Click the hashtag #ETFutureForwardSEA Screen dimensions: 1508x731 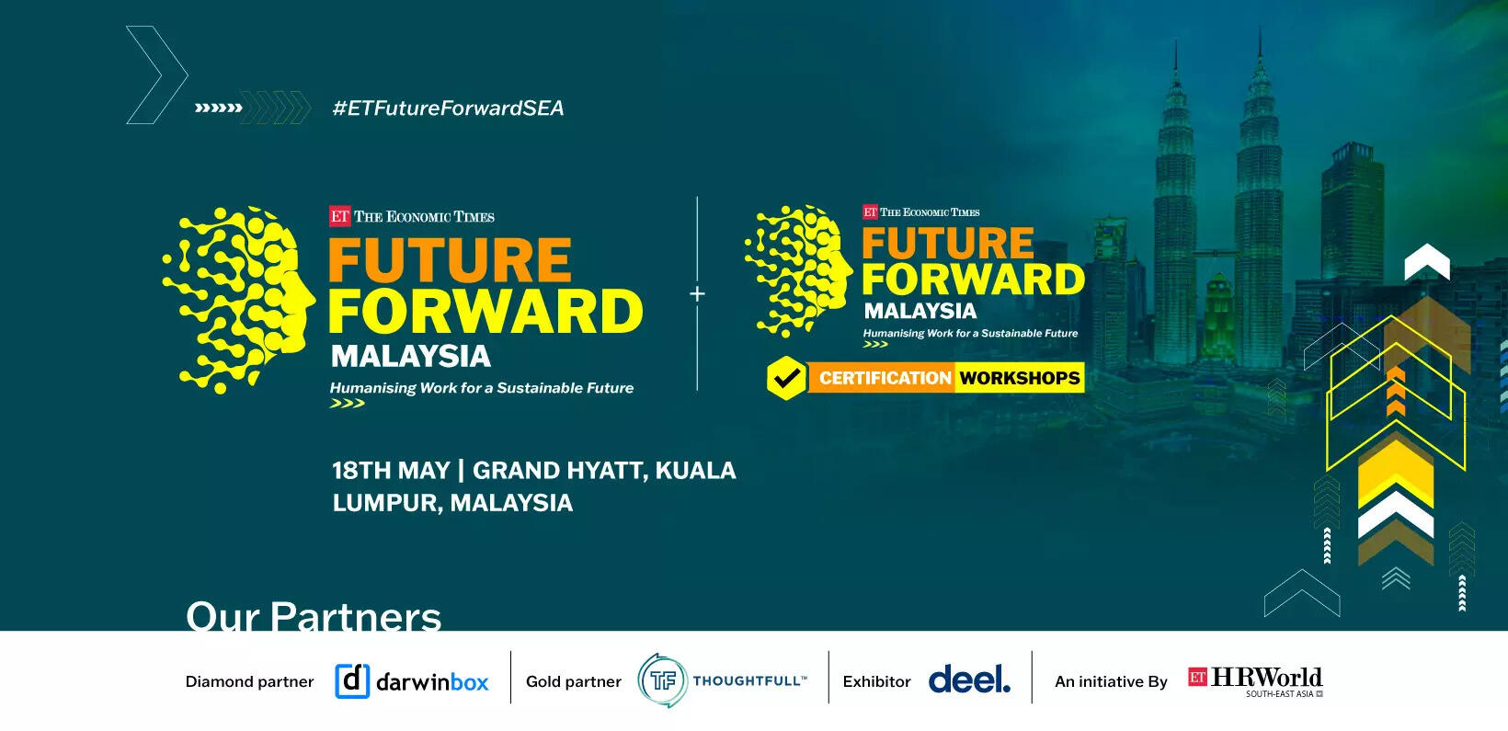point(448,109)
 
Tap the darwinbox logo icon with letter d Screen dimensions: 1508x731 point(352,681)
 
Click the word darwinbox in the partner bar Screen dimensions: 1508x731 point(432,682)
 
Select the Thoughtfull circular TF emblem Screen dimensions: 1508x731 point(663,680)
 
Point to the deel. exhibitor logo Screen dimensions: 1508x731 point(969,680)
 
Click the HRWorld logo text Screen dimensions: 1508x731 point(1266,677)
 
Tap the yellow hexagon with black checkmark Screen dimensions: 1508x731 point(785,378)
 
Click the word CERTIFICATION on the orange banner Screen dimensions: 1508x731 point(885,378)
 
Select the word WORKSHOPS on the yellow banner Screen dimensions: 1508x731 point(1019,378)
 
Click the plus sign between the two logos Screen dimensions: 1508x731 point(697,293)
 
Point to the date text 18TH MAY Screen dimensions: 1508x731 point(391,471)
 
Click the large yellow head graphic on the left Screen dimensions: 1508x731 point(239,300)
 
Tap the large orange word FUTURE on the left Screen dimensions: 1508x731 point(450,260)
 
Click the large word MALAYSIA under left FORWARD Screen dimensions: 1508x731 point(411,357)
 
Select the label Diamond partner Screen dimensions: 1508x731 point(249,682)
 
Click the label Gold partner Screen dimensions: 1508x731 point(573,682)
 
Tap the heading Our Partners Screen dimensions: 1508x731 point(313,616)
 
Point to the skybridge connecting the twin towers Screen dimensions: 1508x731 point(1217,254)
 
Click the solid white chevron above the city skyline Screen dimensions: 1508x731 point(1427,262)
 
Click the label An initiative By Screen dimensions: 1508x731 point(1111,682)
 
